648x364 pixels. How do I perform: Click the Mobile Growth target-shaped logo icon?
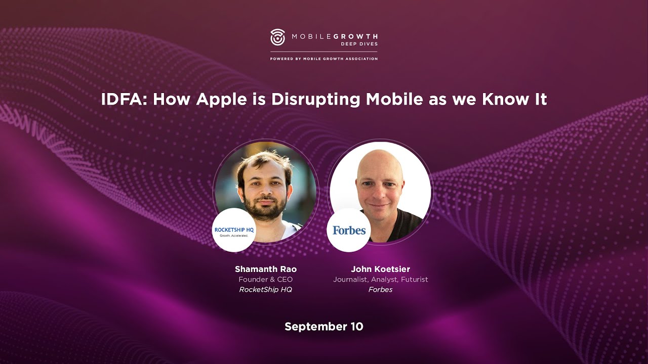(x=278, y=37)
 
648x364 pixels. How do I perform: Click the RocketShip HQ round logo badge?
(x=234, y=230)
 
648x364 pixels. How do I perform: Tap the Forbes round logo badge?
(x=349, y=230)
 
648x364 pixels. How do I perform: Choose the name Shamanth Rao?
(x=266, y=269)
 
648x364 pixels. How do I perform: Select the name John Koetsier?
(x=380, y=269)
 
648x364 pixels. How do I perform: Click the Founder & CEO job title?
(x=266, y=280)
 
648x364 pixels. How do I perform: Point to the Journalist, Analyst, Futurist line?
(x=380, y=280)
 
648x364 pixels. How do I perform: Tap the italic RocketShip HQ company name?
(x=266, y=290)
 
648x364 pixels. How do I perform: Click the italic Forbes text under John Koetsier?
(x=380, y=290)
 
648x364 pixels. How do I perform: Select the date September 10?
(x=324, y=327)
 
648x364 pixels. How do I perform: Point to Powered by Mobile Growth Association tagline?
(x=324, y=59)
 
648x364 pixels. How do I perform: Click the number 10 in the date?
(x=356, y=327)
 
